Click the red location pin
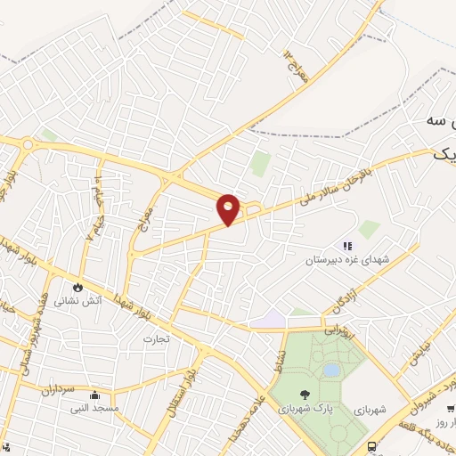[229, 207]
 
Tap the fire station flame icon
[78, 288]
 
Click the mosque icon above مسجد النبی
[94, 395]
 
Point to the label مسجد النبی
[93, 408]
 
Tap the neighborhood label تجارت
[155, 339]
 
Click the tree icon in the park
[305, 393]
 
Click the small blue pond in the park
[330, 369]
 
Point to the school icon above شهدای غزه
[347, 246]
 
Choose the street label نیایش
[419, 354]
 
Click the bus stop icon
[371, 445]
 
